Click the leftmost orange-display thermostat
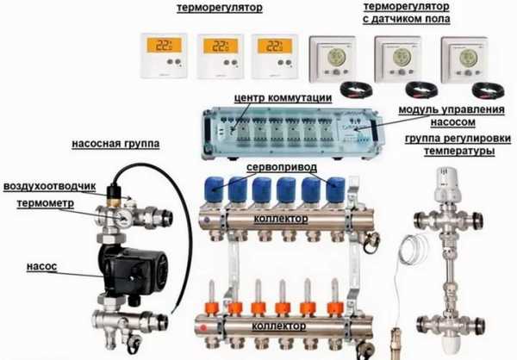(x=165, y=54)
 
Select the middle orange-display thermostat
(x=219, y=54)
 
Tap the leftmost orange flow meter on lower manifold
(x=207, y=307)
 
